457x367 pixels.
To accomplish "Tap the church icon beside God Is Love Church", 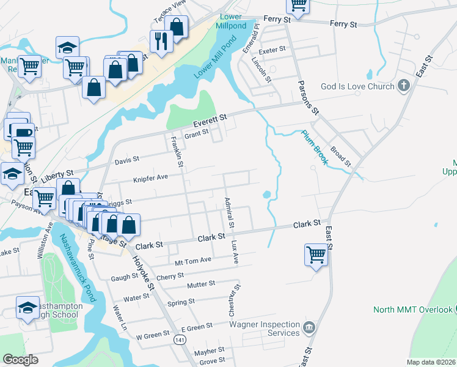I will coord(403,86).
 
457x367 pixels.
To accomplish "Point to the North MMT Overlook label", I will coord(413,310).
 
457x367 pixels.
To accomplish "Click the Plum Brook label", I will coord(315,147).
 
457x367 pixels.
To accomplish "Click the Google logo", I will coord(20,360).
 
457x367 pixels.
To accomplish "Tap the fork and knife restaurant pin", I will coord(161,41).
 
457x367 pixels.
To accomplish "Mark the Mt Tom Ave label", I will coord(192,260).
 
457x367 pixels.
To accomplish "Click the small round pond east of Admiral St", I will coord(266,195).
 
